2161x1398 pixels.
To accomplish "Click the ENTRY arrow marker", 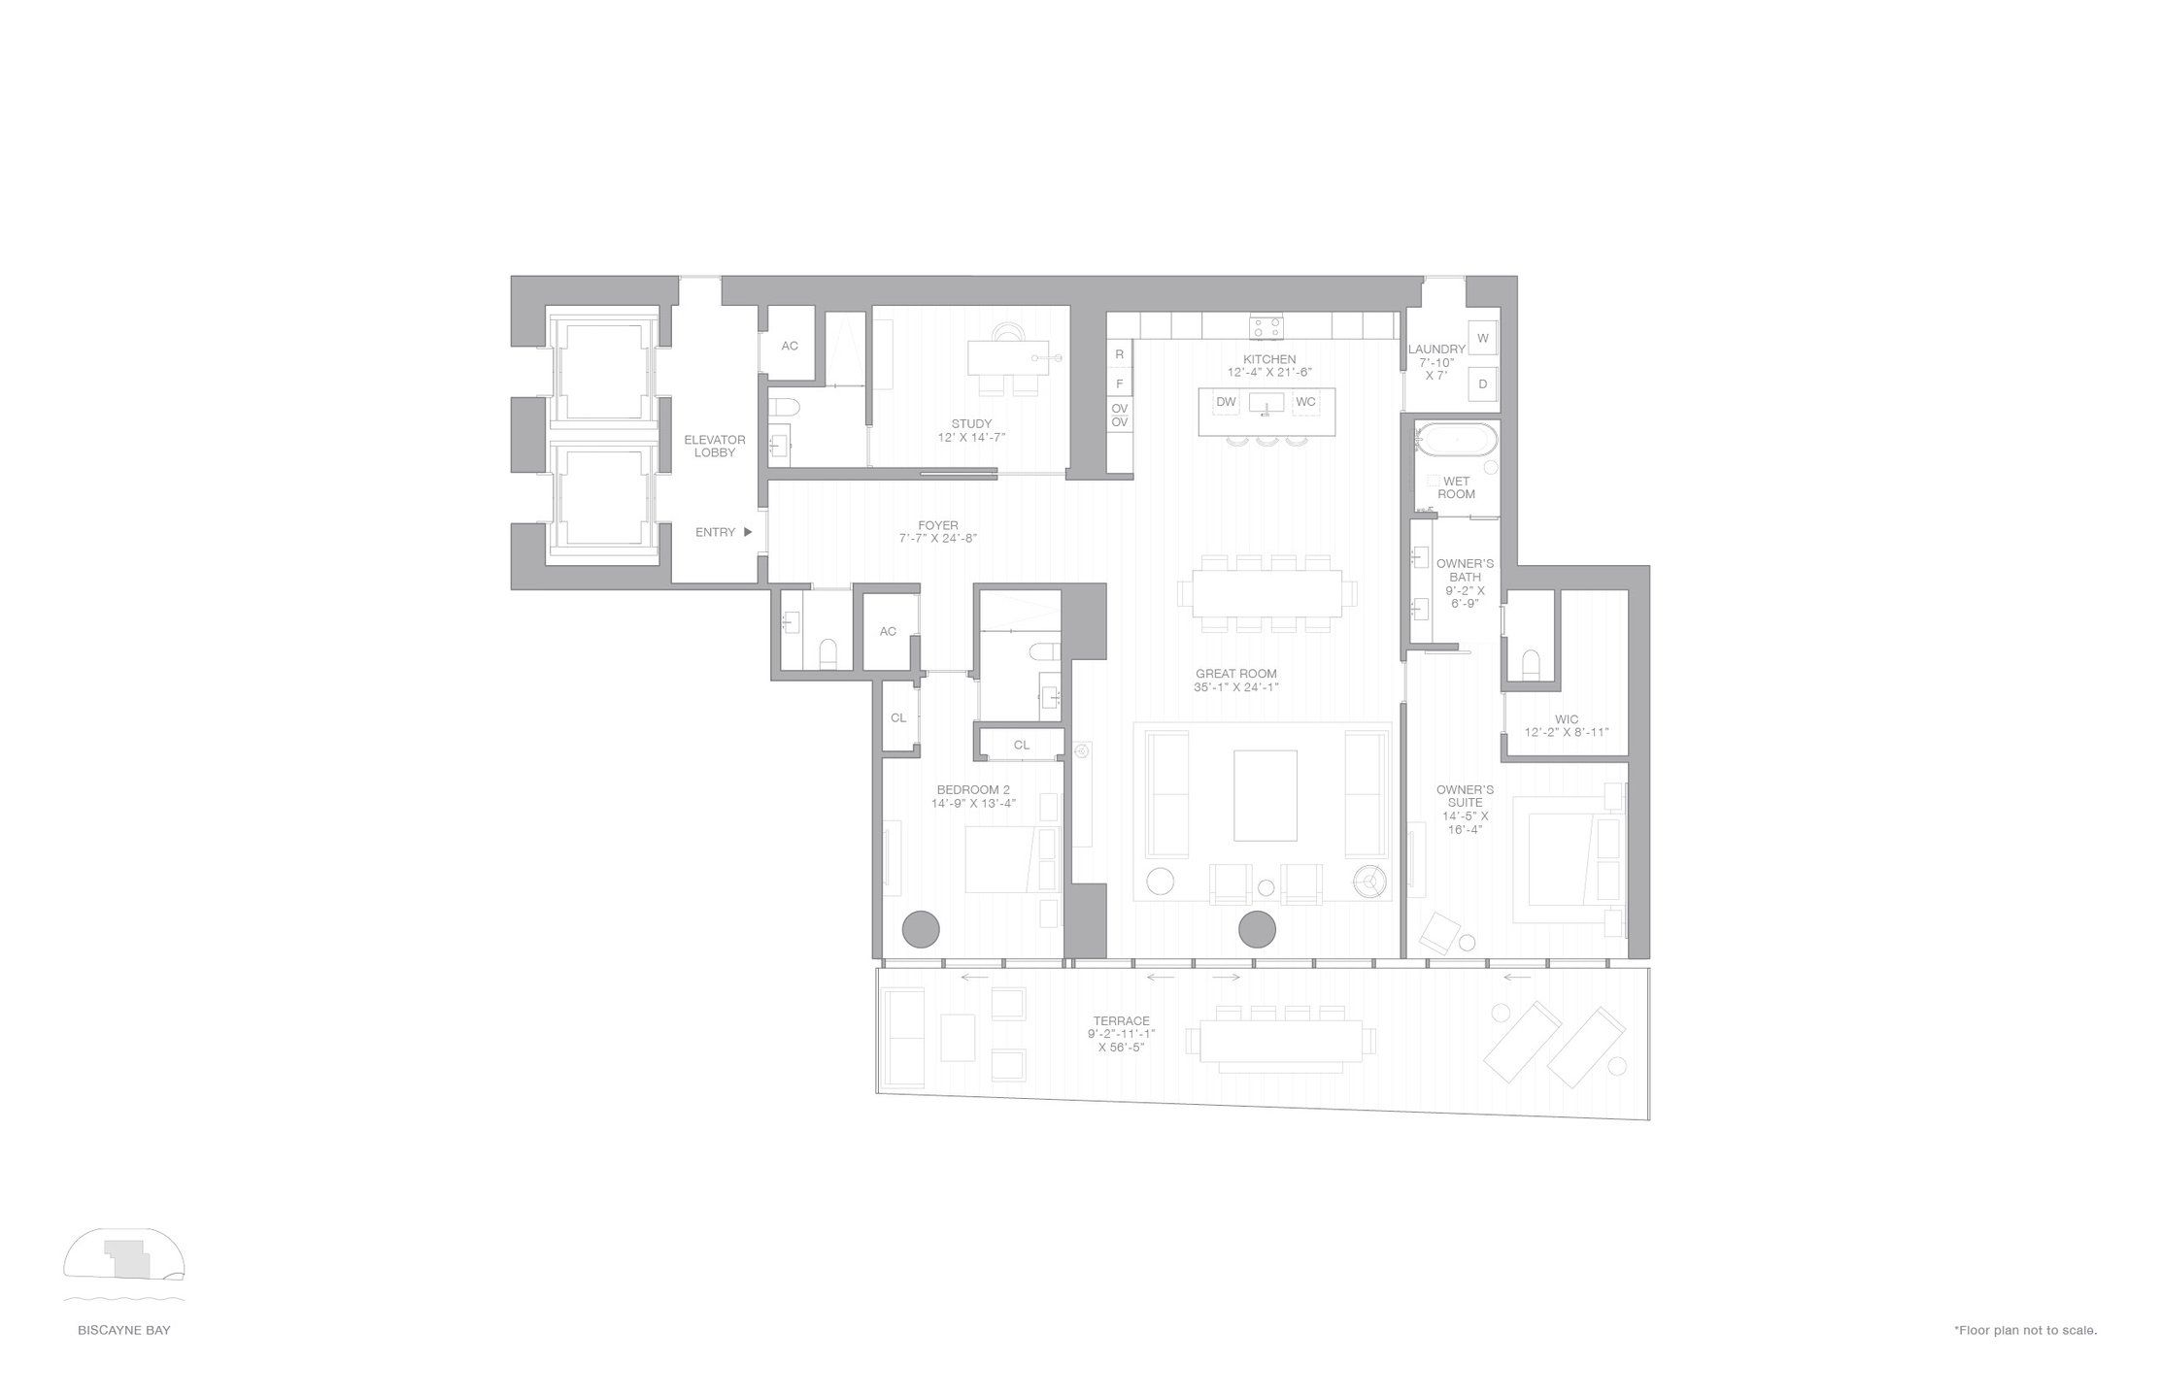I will click(748, 532).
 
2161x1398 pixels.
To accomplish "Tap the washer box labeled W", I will click(1482, 338).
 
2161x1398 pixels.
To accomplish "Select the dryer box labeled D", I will click(1482, 383).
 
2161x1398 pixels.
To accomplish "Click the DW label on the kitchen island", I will click(1226, 402).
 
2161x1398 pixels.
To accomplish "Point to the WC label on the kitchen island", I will click(1305, 402).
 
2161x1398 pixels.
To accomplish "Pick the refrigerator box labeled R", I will click(1119, 355).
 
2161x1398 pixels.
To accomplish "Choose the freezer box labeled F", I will click(1119, 383).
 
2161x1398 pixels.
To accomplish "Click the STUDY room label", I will click(971, 423).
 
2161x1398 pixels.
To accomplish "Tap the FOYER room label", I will click(937, 525).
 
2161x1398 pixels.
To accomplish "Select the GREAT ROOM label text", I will click(1235, 674).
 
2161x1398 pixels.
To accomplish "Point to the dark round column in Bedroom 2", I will click(921, 929).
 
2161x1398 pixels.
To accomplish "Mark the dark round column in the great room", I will click(1257, 929).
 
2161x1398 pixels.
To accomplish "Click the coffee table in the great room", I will click(1265, 795).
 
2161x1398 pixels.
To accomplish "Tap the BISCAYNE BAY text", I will click(124, 1330).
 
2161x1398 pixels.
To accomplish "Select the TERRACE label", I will click(1121, 1020).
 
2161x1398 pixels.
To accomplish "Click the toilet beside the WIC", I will click(1530, 663).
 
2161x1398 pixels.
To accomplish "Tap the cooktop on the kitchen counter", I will click(1266, 326).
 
